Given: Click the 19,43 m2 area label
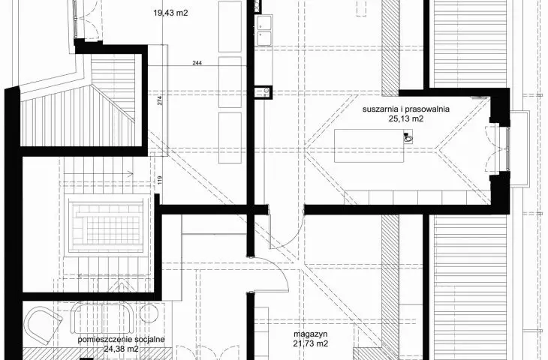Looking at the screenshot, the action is coord(170,13).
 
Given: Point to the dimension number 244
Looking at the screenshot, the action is coord(197,63).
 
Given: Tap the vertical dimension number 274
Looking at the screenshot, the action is coord(160,100).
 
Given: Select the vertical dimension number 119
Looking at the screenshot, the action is coord(160,180).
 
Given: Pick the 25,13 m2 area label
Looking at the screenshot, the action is coord(406,118).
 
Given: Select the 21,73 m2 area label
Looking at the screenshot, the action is coord(311,343).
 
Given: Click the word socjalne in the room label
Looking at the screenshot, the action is coord(149,340).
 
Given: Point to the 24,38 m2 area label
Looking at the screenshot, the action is coord(121,349).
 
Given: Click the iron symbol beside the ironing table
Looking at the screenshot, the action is coord(408,137).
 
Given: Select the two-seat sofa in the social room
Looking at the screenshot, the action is coord(102,317).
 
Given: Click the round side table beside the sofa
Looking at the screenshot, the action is coord(149,314).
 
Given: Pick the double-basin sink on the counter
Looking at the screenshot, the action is coord(264,31).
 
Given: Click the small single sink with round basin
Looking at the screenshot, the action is coord(263,91).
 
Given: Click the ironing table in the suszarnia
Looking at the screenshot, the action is coord(369,145).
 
